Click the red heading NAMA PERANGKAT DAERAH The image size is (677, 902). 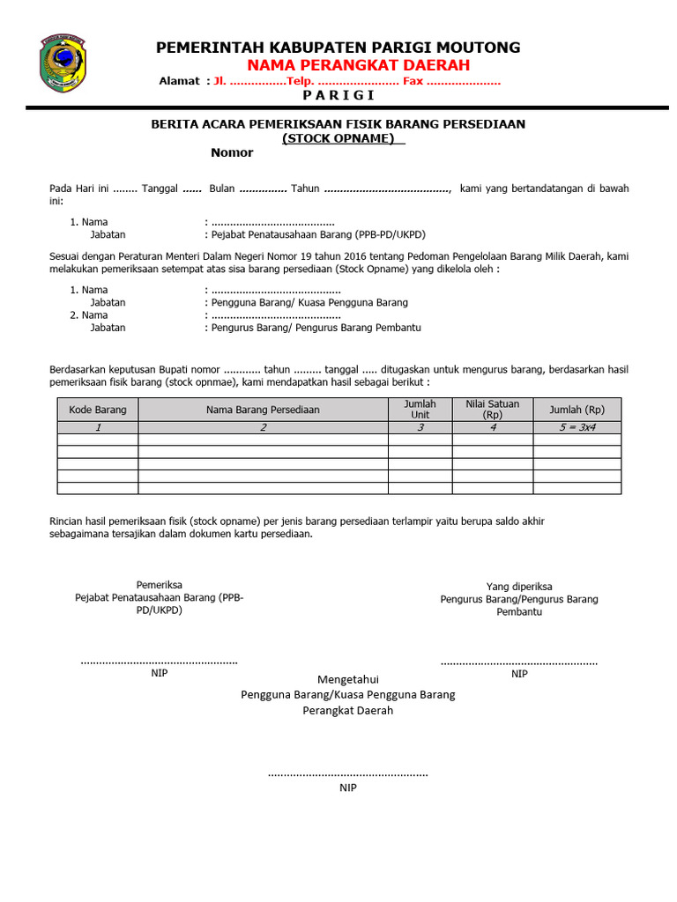point(358,65)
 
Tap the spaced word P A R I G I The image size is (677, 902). point(338,95)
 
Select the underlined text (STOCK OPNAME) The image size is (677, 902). point(338,138)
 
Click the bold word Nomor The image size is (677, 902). point(232,152)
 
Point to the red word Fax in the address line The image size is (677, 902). point(413,81)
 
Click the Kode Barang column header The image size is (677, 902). point(98,410)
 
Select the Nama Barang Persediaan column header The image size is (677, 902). point(263,410)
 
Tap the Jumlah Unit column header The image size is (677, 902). point(420,410)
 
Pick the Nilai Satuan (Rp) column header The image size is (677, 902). point(492,410)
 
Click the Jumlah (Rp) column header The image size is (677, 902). point(577,410)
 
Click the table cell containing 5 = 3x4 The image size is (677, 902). point(577,427)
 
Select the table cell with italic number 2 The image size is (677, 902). point(263,427)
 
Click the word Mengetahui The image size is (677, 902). point(347,679)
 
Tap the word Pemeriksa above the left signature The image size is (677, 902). point(160,585)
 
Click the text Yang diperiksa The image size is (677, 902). point(519,587)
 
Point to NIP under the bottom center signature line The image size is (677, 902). point(348,787)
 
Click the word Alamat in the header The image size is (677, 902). point(179,81)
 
